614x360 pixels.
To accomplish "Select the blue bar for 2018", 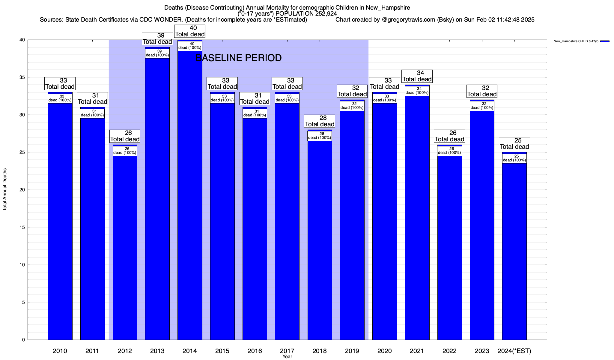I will point(320,240).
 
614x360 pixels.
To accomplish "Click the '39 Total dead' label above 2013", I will point(157,39).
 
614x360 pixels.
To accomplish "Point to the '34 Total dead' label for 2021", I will point(417,76).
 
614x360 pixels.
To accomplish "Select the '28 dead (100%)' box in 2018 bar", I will point(320,136).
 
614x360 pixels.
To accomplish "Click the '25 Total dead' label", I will point(514,144).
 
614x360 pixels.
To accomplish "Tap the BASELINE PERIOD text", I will point(238,58).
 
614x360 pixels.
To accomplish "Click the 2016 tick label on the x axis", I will point(255,351).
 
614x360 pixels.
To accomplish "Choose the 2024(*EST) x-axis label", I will point(514,351).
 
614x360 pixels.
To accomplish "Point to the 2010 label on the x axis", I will point(60,351).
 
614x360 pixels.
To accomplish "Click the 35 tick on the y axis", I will point(22,77).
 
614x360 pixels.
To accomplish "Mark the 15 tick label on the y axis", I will point(22,227).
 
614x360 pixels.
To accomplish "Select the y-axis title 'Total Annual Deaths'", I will point(5,190).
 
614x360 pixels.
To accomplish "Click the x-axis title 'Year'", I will point(287,357).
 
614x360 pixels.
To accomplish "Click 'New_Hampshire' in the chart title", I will point(388,7).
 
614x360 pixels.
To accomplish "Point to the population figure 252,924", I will point(326,13).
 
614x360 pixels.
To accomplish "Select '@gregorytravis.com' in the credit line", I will point(408,20).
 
